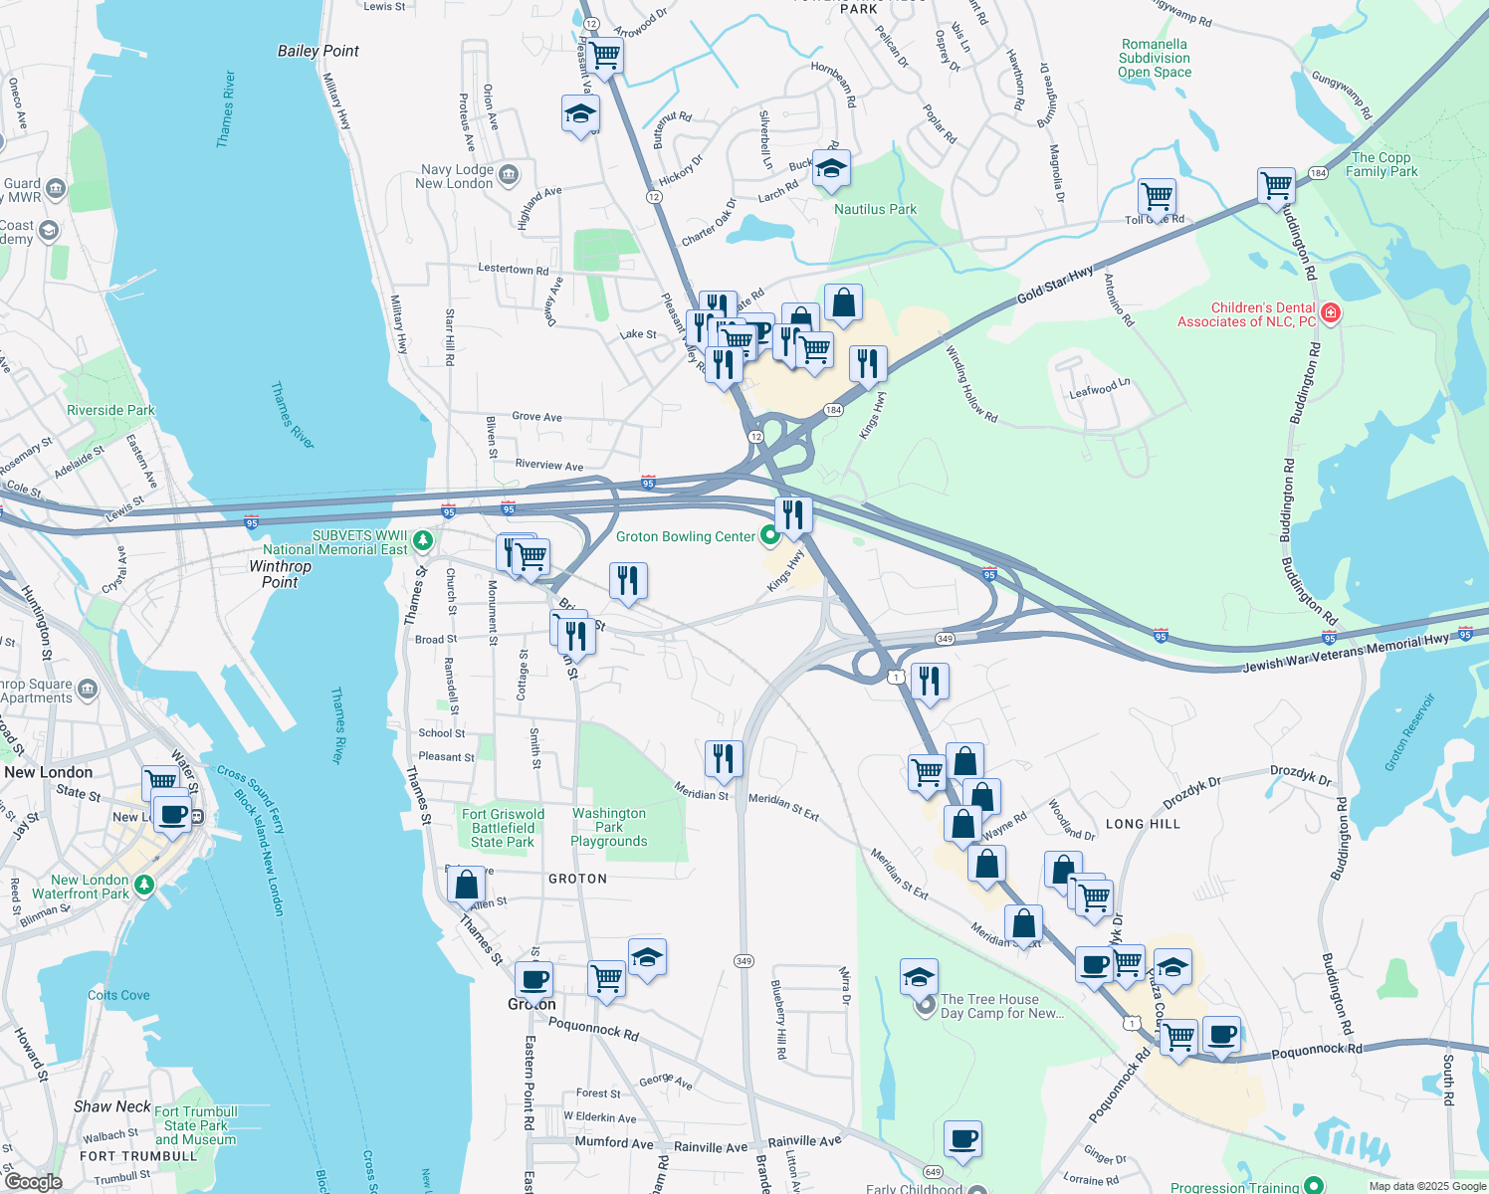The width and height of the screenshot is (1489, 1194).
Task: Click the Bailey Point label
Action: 318,51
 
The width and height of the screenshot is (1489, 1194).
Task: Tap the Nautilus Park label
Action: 875,209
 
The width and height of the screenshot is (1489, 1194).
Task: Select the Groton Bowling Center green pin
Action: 769,536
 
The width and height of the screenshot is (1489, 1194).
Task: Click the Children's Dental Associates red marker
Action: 1330,314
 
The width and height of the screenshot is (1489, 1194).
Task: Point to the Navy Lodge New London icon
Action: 509,175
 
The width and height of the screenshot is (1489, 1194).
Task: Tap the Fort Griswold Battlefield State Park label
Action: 503,828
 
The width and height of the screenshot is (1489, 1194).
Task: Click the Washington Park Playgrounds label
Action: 609,827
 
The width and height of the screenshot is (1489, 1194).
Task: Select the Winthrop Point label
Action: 280,574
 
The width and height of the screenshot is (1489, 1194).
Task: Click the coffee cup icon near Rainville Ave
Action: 962,1138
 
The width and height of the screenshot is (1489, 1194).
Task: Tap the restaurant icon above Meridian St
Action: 724,758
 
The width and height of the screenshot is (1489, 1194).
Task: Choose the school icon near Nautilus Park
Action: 830,170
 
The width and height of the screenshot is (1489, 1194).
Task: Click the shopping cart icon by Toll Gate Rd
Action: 1156,197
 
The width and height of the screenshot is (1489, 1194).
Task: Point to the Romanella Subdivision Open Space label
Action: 1155,58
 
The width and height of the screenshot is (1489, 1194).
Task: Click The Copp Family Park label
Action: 1382,164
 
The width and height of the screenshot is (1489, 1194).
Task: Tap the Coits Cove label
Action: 118,995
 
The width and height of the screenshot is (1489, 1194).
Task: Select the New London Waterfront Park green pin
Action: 145,885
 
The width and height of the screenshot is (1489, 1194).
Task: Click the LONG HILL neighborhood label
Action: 1143,824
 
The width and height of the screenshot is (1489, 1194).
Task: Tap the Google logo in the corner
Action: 33,1181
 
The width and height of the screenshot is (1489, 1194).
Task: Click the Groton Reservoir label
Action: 1410,733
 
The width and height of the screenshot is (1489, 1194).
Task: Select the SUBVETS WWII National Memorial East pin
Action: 423,541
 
